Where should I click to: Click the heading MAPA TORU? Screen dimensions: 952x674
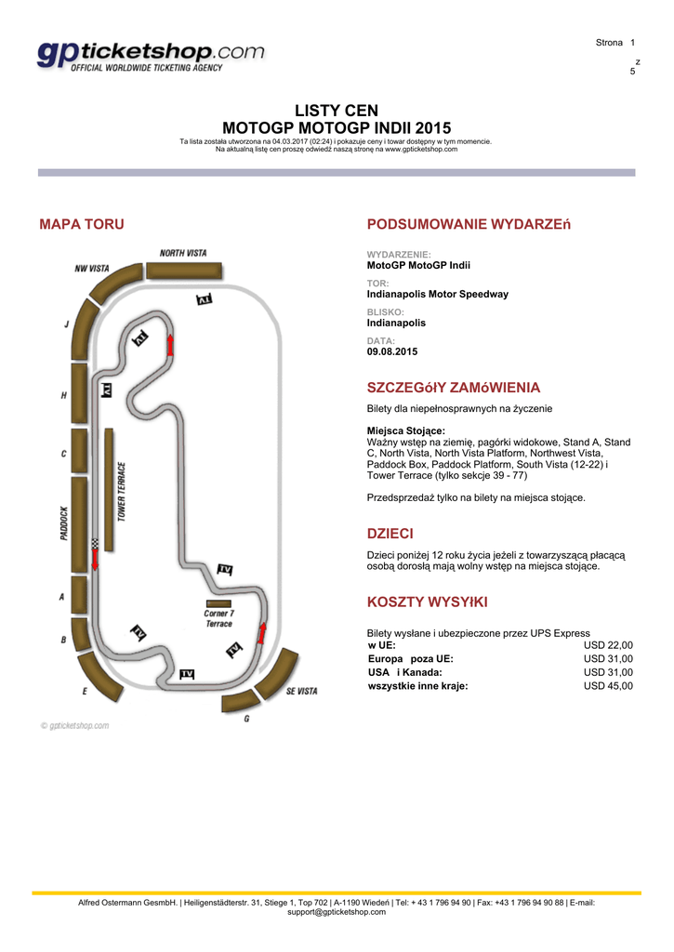coord(81,224)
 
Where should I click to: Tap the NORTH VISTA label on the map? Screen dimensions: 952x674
coord(183,253)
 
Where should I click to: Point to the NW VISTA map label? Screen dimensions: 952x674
coord(92,268)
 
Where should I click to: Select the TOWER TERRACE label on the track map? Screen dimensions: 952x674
coord(122,491)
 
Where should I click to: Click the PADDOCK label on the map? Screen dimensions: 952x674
coord(63,523)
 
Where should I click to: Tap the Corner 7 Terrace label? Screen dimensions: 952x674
coord(218,618)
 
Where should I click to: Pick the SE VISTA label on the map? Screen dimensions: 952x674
coord(301,691)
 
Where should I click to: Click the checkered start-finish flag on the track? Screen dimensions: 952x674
coord(95,543)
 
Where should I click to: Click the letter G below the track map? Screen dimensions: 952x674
coord(246,719)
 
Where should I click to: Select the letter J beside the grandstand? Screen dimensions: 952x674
coord(67,324)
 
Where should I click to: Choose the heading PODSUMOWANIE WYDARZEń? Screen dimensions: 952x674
coord(469,224)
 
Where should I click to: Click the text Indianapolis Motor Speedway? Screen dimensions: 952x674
coord(437,294)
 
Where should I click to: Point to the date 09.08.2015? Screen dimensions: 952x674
coord(392,351)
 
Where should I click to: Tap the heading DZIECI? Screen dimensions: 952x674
coord(390,534)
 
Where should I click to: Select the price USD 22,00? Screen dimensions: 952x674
coord(608,644)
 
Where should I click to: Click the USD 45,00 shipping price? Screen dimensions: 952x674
coord(608,686)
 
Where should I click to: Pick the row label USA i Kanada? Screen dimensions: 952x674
coord(405,672)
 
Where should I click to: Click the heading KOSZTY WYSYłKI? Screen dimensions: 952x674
coord(426,602)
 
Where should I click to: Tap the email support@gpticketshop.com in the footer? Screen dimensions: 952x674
coord(337,912)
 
